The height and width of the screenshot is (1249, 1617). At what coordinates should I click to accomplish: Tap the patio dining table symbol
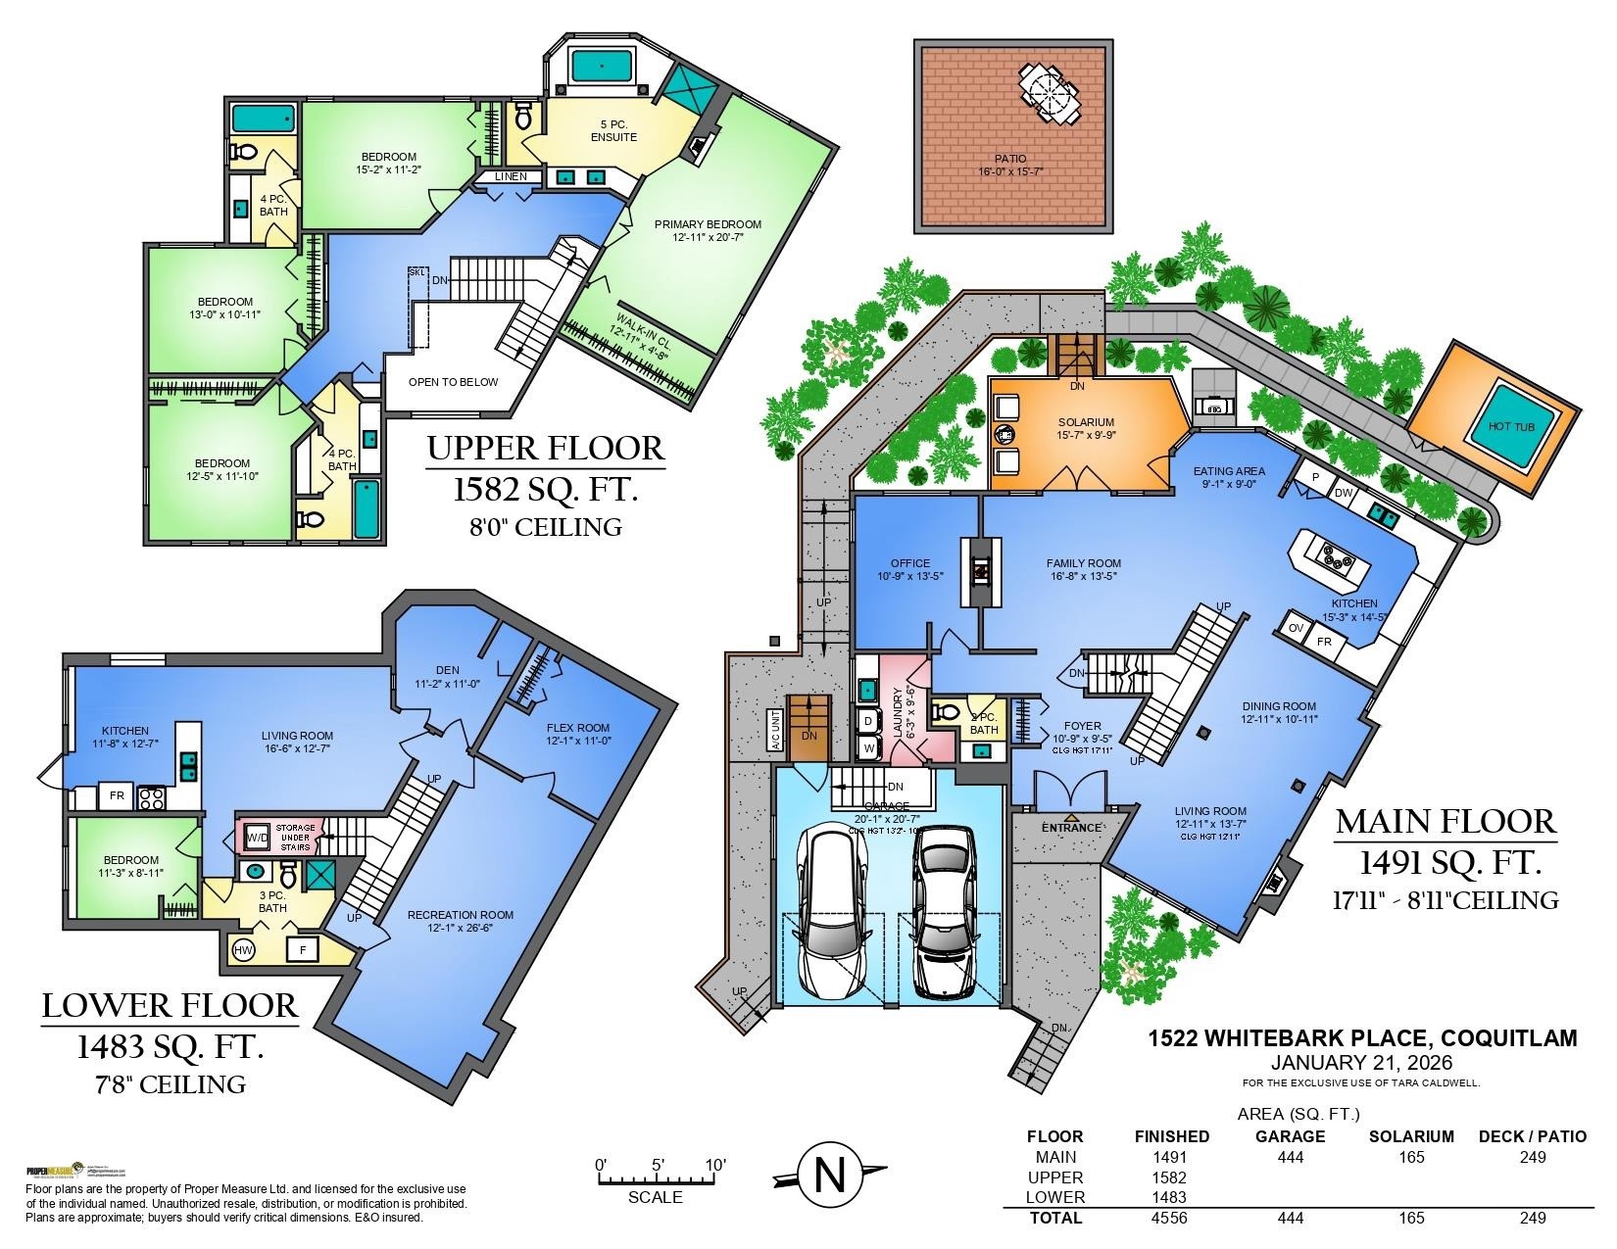1049,94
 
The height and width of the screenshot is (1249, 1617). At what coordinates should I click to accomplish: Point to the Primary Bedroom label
708,231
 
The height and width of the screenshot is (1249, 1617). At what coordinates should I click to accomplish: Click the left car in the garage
834,907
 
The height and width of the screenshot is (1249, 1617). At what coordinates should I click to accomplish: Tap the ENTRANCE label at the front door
1070,828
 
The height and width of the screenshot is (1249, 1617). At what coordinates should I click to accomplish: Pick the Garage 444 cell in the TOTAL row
1290,1218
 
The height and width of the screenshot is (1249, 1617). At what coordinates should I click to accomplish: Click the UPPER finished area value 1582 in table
1171,1177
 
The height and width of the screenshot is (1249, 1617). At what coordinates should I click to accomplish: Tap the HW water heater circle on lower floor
243,949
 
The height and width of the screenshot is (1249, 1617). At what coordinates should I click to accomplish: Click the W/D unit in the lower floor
257,839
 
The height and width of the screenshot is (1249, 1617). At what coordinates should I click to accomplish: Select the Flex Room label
578,734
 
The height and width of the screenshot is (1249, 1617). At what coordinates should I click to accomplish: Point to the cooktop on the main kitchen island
1339,556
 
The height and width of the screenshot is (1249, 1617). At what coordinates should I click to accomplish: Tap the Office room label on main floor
909,569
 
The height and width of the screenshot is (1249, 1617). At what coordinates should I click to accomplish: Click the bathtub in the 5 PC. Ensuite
602,67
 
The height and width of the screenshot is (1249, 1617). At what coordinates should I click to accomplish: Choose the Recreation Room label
460,922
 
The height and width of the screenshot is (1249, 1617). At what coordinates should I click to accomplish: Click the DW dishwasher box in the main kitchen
1343,493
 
